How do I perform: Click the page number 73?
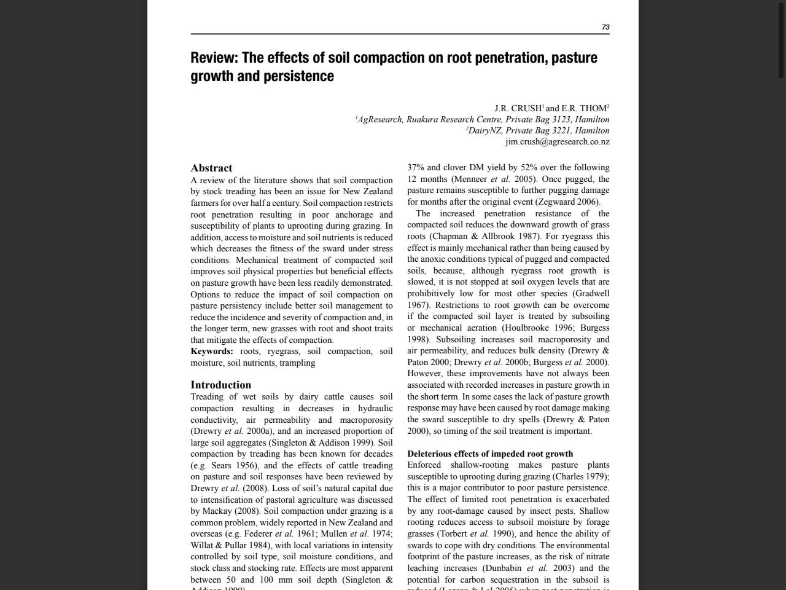tap(605, 27)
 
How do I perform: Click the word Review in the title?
tap(213, 58)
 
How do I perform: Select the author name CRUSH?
tap(526, 109)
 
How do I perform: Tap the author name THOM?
tap(593, 109)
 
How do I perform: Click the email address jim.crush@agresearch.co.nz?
tap(557, 142)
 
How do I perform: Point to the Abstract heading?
tap(211, 168)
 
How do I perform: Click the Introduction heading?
tap(220, 385)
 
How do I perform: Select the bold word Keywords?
tap(211, 352)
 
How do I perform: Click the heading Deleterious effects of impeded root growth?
tap(490, 454)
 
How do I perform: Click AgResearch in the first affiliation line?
tap(379, 120)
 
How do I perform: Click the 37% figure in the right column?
tap(416, 168)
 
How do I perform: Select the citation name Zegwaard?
tap(557, 202)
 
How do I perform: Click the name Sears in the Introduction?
tap(221, 466)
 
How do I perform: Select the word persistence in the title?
tap(298, 76)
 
